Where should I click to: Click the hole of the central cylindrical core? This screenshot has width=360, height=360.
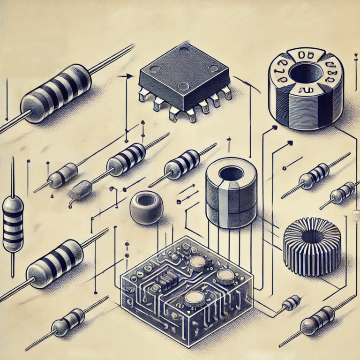(x=231, y=173)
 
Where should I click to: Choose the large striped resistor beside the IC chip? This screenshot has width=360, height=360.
(x=56, y=94)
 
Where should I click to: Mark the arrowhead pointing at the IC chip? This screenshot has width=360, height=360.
(x=126, y=75)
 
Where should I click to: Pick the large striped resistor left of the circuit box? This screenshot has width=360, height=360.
(x=55, y=262)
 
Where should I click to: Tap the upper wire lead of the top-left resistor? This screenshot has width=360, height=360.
(x=112, y=59)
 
